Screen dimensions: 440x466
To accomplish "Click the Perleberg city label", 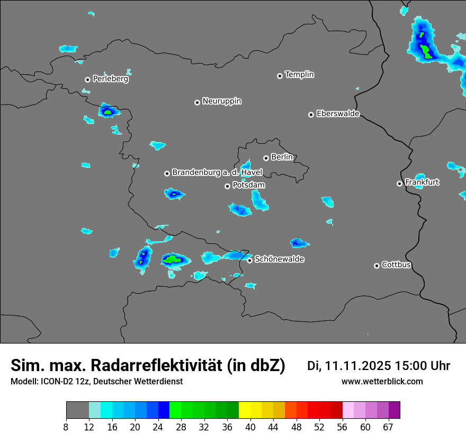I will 110,79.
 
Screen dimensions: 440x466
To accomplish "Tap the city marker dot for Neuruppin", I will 197,102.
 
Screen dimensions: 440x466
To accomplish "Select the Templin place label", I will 299,75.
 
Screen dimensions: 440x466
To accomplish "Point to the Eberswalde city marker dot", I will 311,115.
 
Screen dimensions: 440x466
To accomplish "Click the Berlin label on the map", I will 282,157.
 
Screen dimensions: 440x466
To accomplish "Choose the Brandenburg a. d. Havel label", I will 217,173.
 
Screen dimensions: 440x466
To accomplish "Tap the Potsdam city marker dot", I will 227,186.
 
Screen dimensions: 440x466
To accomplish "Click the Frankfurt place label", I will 422,182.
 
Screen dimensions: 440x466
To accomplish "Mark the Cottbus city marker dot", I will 377,266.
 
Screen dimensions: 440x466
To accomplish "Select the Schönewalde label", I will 279,259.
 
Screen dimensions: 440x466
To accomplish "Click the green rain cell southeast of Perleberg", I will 108,112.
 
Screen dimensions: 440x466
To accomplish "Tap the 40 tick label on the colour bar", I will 250,426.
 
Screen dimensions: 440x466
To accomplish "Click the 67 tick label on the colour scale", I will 388,426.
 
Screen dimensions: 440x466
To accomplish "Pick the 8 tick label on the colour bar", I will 66,426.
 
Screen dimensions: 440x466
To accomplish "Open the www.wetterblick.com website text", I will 382,381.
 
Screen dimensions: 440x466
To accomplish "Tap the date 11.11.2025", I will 357,366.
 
